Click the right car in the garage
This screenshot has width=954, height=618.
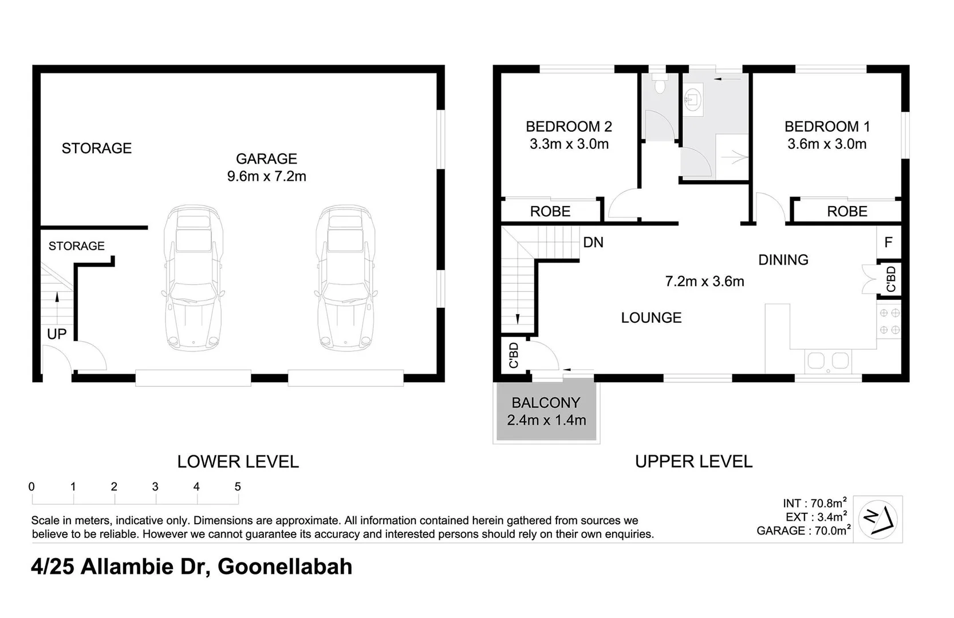(345, 279)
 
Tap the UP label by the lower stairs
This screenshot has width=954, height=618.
(57, 334)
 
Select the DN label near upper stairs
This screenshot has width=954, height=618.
(593, 243)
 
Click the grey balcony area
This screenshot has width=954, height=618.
(546, 412)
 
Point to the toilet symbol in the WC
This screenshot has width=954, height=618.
(660, 85)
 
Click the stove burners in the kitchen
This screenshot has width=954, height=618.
(889, 322)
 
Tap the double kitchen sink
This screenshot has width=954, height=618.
(827, 361)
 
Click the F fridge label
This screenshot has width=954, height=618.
(888, 243)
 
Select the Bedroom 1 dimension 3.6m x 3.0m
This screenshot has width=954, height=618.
(826, 144)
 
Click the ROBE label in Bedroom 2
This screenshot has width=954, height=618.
(550, 212)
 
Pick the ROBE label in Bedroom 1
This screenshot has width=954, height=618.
(847, 212)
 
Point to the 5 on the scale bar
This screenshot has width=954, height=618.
(238, 487)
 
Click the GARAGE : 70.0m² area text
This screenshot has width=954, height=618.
(803, 531)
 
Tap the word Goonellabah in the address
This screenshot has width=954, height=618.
(285, 566)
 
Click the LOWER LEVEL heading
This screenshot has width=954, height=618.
(238, 462)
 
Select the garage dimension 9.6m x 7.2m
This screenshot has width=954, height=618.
(266, 176)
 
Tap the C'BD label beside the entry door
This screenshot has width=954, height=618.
(514, 355)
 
